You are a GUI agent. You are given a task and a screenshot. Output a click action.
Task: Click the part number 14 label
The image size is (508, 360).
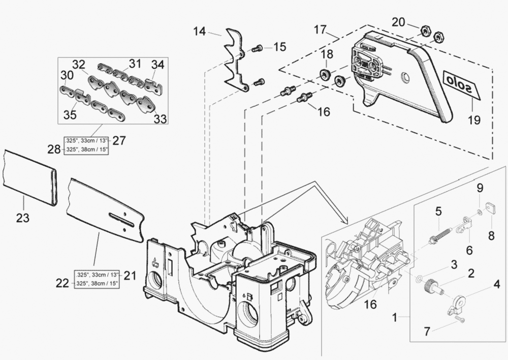[x=200, y=32]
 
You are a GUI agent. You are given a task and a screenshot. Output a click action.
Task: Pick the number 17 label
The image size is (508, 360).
[x=320, y=29]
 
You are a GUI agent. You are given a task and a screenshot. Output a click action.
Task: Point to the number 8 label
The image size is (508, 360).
[x=491, y=235]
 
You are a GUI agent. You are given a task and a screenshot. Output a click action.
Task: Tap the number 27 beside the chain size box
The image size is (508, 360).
[x=119, y=140]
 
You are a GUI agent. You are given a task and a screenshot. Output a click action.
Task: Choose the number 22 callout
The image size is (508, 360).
[x=62, y=283]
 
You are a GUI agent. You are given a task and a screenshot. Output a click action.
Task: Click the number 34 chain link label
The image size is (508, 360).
[x=157, y=65]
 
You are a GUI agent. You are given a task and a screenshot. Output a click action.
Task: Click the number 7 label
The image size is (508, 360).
[x=427, y=332]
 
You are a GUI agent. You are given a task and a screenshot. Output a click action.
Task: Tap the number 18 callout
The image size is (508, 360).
[x=327, y=54]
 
